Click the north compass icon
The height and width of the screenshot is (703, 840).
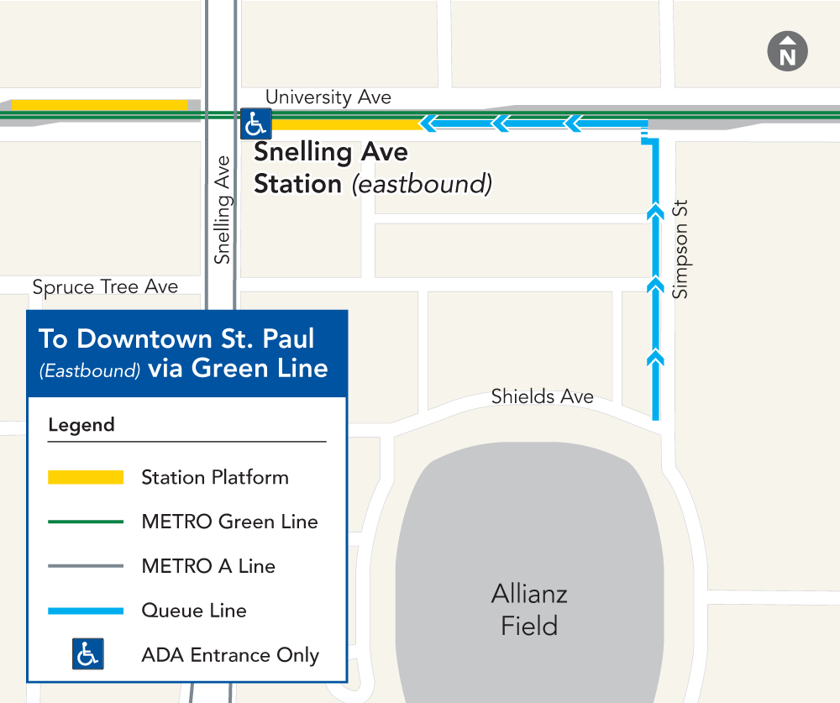tap(787, 52)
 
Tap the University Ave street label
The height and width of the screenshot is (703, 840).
tap(328, 97)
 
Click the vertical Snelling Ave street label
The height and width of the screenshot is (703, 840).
tap(222, 210)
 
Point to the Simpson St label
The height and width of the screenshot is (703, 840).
tap(680, 249)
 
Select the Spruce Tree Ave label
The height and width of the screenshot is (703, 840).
tap(105, 287)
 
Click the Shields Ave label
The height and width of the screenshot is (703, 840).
tap(542, 396)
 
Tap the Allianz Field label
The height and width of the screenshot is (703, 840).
tap(529, 610)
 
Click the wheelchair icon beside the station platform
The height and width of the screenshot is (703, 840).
tap(255, 124)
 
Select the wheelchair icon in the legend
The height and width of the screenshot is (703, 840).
tap(87, 654)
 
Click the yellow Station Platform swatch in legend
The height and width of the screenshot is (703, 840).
tap(86, 477)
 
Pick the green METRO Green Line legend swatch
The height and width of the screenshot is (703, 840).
tap(86, 522)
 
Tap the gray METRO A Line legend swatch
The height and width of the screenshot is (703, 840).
tap(86, 566)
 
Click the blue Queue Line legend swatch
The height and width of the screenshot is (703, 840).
tap(86, 611)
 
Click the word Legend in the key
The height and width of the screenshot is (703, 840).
tap(81, 425)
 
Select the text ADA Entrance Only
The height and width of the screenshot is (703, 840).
tap(230, 655)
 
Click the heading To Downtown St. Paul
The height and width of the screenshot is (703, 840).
tap(176, 339)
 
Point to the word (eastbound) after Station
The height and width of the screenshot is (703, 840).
tap(421, 184)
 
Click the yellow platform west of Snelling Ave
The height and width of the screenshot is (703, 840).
tap(99, 105)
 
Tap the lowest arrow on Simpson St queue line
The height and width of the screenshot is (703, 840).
tap(654, 359)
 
